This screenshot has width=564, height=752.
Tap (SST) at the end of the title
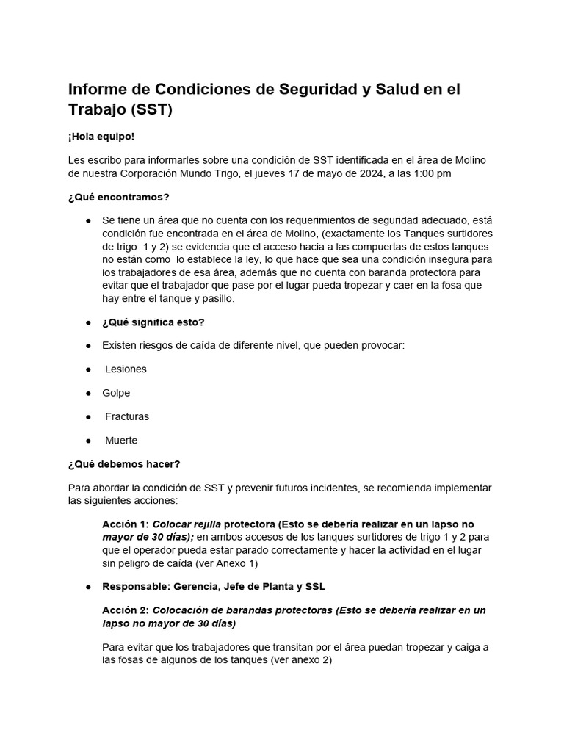[151, 111]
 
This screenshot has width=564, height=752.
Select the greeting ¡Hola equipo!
[101, 137]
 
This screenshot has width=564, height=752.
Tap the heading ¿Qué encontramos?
[118, 197]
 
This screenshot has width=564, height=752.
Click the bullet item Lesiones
[126, 369]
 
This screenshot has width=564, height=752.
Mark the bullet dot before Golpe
[89, 393]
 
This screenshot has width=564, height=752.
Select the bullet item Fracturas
[126, 416]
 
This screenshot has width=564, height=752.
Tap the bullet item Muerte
[121, 441]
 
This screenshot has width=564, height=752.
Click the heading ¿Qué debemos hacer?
[123, 464]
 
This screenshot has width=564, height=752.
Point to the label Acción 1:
[125, 524]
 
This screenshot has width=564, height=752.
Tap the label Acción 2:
[125, 610]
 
